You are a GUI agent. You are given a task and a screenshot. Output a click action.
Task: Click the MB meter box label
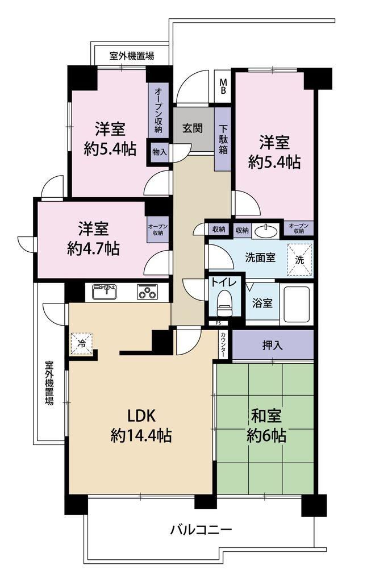click(x=223, y=86)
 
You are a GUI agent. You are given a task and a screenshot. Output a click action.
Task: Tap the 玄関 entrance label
click(x=193, y=128)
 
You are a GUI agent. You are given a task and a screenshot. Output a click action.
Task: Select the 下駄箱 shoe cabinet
click(x=223, y=139)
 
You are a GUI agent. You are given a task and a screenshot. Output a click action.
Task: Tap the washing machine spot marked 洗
click(x=299, y=260)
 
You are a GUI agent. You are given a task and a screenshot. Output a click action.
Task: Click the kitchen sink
click(x=104, y=292)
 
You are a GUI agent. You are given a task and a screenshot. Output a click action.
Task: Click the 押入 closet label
click(x=272, y=346)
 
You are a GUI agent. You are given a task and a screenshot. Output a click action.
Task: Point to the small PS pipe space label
click(x=217, y=323)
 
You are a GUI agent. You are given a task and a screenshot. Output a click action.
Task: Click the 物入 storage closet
click(x=160, y=152)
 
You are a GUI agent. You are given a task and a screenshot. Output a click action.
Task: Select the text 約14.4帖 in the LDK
click(x=141, y=435)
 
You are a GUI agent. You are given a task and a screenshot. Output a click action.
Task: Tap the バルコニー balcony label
click(x=201, y=529)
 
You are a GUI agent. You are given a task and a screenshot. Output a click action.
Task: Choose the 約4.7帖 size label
click(x=94, y=248)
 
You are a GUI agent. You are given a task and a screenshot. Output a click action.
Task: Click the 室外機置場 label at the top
click(x=132, y=56)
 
